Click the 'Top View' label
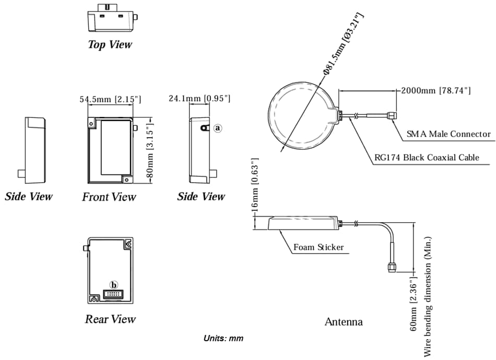click(x=110, y=44)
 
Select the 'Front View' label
click(x=109, y=197)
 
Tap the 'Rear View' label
click(x=110, y=319)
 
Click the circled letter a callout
click(x=218, y=127)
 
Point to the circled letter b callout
click(x=114, y=285)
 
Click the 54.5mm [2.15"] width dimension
click(x=110, y=99)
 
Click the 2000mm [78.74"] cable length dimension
click(x=436, y=91)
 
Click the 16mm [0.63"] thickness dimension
click(x=255, y=191)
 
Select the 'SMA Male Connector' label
click(x=448, y=134)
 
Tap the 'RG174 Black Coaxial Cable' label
click(x=427, y=158)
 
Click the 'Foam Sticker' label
click(x=318, y=247)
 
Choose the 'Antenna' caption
click(x=344, y=321)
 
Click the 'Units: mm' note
click(x=223, y=338)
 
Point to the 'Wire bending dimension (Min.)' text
click(x=428, y=297)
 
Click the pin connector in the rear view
click(x=113, y=294)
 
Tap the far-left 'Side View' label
click(x=29, y=197)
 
